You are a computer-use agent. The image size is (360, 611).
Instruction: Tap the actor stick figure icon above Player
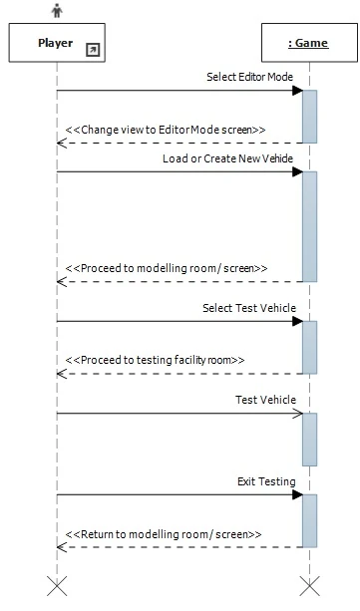[x=56, y=11]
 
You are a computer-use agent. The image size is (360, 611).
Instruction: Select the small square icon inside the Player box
[x=93, y=49]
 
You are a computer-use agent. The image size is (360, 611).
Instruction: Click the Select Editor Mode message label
[x=250, y=76]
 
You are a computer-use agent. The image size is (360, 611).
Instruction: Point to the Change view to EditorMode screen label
[x=166, y=130]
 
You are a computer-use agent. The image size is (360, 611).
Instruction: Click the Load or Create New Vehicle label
[x=229, y=158]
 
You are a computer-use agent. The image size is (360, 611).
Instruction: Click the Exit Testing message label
[x=266, y=481]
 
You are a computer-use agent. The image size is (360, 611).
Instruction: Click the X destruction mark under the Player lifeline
[x=57, y=586]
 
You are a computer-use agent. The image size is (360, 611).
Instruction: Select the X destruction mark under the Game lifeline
[x=309, y=586]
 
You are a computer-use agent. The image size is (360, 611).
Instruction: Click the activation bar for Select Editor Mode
[x=309, y=116]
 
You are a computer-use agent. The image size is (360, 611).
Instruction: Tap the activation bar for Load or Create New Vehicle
[x=309, y=226]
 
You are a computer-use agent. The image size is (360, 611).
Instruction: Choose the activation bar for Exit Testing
[x=309, y=519]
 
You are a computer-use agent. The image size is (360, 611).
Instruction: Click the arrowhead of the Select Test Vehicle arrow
[x=297, y=321]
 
